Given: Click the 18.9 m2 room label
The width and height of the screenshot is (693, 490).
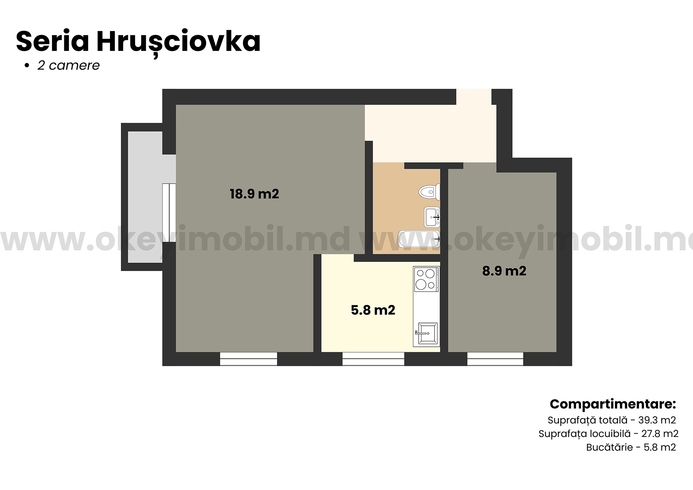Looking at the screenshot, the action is (254, 194).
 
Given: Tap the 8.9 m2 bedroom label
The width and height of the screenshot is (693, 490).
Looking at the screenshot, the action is (504, 271).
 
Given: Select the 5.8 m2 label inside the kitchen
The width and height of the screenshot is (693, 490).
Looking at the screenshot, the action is (373, 310).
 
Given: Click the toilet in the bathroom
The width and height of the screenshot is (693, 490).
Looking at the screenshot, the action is (429, 192).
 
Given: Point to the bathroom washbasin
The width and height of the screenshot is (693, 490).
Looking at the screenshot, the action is (432, 217).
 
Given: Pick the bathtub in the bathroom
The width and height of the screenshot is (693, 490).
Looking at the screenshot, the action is (419, 239).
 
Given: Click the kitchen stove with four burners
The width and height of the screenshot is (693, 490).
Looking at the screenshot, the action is (426, 279).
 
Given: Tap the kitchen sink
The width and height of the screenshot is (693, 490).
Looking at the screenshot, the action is (426, 333).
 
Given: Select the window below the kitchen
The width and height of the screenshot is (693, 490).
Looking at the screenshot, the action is (373, 359).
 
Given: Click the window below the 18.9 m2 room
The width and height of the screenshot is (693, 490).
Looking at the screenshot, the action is (248, 359).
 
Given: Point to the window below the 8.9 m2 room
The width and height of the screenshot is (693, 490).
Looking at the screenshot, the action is (495, 359).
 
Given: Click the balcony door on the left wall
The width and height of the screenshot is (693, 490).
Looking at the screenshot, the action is (169, 213).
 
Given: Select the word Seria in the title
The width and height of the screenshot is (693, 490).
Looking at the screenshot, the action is (52, 41).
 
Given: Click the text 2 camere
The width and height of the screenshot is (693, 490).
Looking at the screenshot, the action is (69, 66).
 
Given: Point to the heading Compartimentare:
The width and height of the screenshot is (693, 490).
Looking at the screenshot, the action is (613, 404).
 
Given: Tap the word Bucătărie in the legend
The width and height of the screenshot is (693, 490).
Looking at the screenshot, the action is (610, 447).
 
